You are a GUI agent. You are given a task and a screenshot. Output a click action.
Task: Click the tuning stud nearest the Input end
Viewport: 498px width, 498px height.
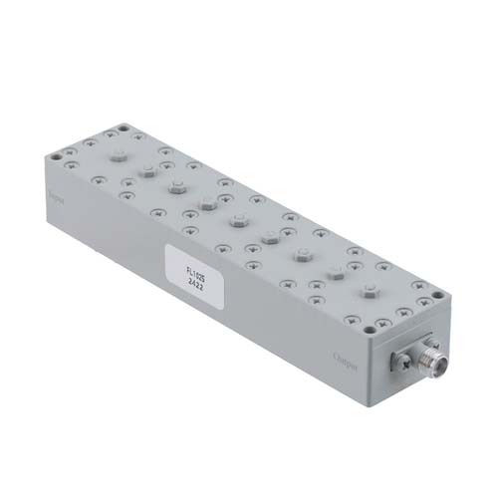(x=118, y=155)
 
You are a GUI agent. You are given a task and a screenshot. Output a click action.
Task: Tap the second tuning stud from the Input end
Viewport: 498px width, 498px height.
(x=146, y=170)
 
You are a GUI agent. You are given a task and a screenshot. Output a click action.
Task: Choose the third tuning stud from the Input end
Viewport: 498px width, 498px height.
(x=176, y=185)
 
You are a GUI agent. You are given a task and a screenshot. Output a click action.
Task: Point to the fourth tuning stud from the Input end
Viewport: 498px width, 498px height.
(x=206, y=203)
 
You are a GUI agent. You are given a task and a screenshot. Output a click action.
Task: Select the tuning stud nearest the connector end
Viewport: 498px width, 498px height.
(x=370, y=292)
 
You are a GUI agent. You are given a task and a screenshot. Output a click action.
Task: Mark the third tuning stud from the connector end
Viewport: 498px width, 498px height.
(x=302, y=254)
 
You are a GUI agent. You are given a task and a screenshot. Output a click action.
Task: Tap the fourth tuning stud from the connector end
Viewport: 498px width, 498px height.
(x=269, y=236)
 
